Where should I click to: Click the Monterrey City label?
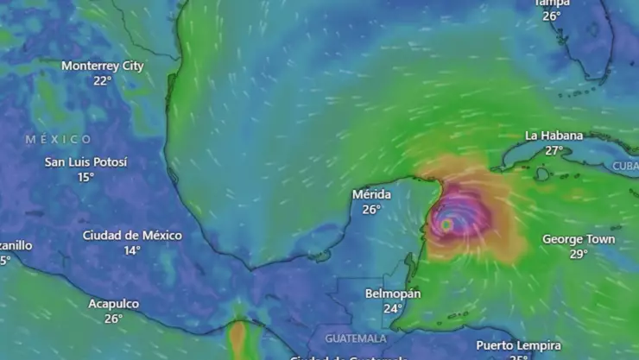(x=103, y=66)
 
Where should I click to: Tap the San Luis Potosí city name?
(x=85, y=162)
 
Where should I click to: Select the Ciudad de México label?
(x=132, y=235)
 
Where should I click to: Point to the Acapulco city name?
(x=113, y=304)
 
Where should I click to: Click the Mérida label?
(x=371, y=194)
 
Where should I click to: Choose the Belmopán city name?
(x=393, y=294)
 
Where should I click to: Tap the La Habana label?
(x=554, y=136)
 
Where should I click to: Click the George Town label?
(x=579, y=239)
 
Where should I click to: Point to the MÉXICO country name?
(x=58, y=139)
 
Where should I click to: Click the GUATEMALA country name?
(x=356, y=338)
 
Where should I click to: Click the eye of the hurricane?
(x=446, y=224)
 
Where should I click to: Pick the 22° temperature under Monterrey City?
(x=103, y=80)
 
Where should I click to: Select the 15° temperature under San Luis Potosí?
(x=85, y=177)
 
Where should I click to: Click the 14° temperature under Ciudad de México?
(x=132, y=250)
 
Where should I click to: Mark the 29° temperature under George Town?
(x=579, y=254)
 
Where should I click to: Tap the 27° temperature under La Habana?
(x=554, y=150)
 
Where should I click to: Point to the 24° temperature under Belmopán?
(x=393, y=308)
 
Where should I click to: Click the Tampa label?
(x=552, y=3)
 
